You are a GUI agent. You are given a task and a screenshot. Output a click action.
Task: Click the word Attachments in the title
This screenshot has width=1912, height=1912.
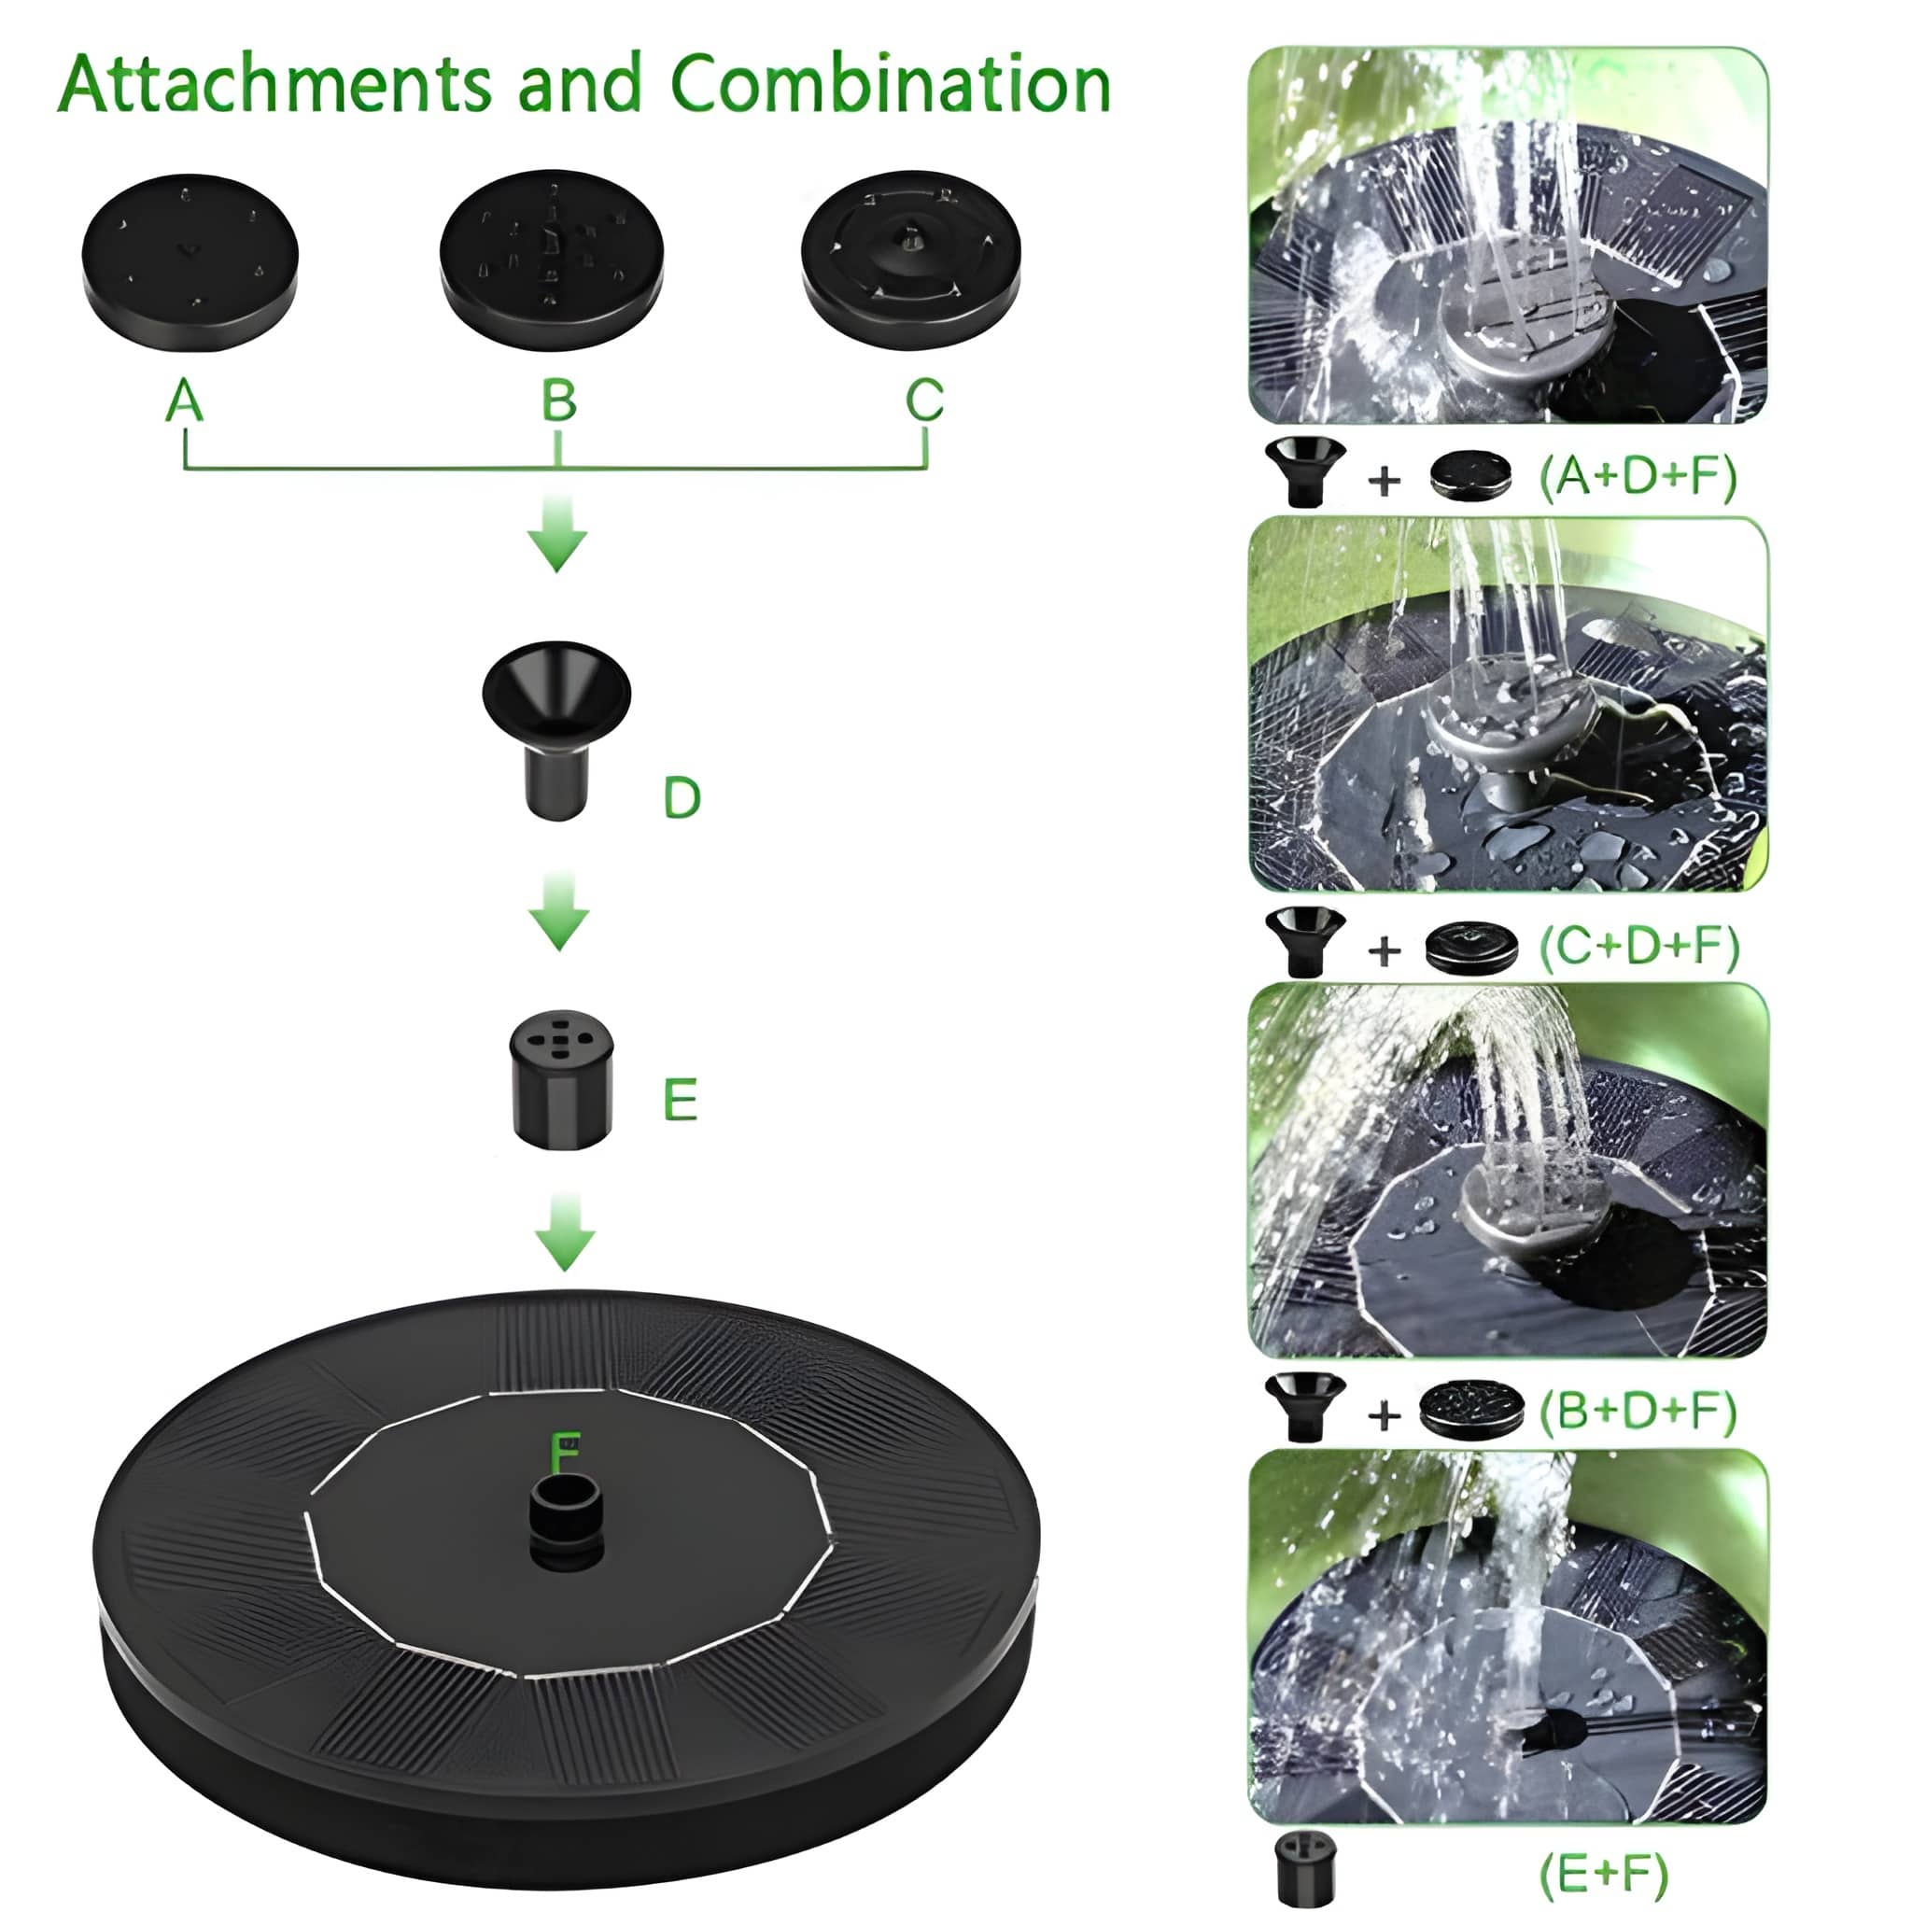pyautogui.click(x=275, y=83)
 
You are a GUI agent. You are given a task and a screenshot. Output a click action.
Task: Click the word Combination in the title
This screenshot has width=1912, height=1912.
pyautogui.click(x=891, y=83)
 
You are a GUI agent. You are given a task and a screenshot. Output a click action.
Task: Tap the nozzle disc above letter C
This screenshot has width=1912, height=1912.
pyautogui.click(x=910, y=260)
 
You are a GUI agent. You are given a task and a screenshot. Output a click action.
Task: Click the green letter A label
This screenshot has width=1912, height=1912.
pyautogui.click(x=185, y=401)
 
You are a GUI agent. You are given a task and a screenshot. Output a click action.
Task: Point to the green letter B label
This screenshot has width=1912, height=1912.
pyautogui.click(x=558, y=401)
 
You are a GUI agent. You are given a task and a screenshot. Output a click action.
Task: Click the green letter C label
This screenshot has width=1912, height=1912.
pyautogui.click(x=924, y=401)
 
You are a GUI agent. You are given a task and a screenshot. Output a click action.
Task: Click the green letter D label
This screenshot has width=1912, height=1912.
pyautogui.click(x=682, y=796)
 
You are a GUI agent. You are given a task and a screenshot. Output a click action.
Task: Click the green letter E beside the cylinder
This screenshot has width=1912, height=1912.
pyautogui.click(x=680, y=1100)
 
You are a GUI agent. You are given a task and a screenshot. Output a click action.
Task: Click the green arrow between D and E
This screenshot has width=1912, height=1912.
pyautogui.click(x=559, y=911)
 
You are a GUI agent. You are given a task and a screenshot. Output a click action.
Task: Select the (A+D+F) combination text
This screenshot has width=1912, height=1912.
pyautogui.click(x=1638, y=477)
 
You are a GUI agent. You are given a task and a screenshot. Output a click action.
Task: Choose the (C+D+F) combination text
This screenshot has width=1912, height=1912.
pyautogui.click(x=1638, y=946)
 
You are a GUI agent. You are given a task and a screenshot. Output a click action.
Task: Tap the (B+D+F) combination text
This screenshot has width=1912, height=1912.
pyautogui.click(x=1638, y=1411)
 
